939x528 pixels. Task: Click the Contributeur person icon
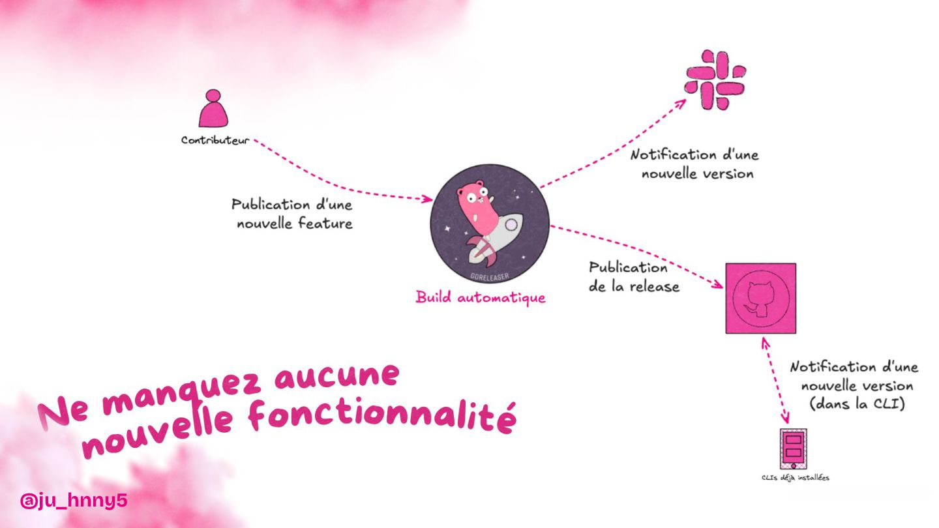(214, 109)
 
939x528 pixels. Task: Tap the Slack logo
(715, 80)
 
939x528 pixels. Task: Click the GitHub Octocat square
(760, 299)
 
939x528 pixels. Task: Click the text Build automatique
(481, 298)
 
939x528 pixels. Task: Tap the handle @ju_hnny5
(73, 501)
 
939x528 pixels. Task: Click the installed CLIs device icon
(794, 449)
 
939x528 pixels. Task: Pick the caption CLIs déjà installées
(795, 478)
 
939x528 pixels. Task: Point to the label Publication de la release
(634, 276)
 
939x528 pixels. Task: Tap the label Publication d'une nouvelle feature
(292, 214)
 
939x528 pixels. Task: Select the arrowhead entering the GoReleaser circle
(428, 198)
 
